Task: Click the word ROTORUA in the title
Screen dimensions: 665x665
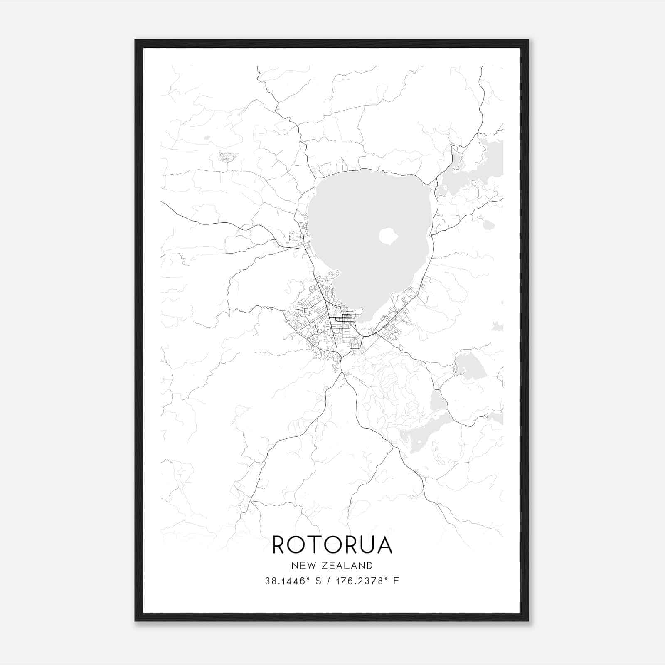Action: (x=332, y=545)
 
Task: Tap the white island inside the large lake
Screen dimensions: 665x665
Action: (x=389, y=237)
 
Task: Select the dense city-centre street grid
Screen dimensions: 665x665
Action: (x=343, y=328)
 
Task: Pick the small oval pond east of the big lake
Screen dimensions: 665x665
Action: (x=489, y=225)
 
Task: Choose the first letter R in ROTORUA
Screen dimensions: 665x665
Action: (x=279, y=545)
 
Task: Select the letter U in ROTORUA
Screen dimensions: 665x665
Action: (x=366, y=545)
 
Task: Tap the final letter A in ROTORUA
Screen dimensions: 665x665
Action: (x=384, y=545)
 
